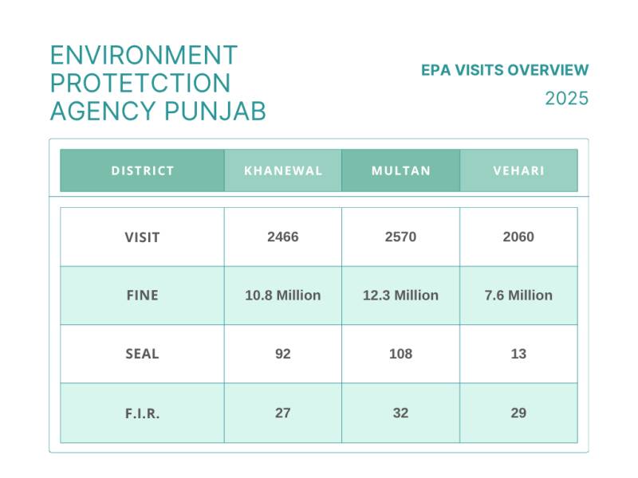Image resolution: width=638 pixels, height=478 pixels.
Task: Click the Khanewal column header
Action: tap(283, 170)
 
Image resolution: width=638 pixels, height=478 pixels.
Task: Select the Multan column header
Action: tap(401, 170)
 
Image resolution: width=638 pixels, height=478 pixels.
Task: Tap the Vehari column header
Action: tap(519, 170)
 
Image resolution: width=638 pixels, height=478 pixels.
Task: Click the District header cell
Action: tap(143, 170)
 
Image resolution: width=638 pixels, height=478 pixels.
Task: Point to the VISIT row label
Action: tap(142, 237)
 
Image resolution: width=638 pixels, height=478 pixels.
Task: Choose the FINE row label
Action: tap(143, 296)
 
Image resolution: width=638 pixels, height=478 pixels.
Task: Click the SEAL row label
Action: tap(142, 354)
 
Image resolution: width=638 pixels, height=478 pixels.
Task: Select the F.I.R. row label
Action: tap(142, 413)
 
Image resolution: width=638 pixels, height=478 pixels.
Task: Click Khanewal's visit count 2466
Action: tap(283, 237)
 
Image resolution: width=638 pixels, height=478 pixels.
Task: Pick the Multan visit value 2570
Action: tap(401, 237)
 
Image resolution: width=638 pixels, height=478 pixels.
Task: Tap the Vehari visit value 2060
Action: tap(518, 237)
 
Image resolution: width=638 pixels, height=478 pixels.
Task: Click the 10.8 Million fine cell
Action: tap(283, 296)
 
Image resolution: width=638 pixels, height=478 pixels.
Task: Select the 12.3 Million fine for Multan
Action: tap(401, 296)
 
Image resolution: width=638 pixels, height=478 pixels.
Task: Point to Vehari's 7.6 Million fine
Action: tap(518, 296)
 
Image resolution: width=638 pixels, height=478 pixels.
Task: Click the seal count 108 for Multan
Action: tap(401, 354)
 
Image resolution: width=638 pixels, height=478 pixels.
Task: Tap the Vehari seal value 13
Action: tap(518, 354)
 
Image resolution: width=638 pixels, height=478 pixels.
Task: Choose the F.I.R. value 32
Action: tap(401, 413)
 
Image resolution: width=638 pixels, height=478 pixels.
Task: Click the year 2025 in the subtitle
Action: tap(567, 99)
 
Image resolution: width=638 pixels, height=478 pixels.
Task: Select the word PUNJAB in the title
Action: tap(215, 111)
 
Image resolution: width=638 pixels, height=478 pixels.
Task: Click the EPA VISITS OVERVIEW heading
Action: tap(505, 70)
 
